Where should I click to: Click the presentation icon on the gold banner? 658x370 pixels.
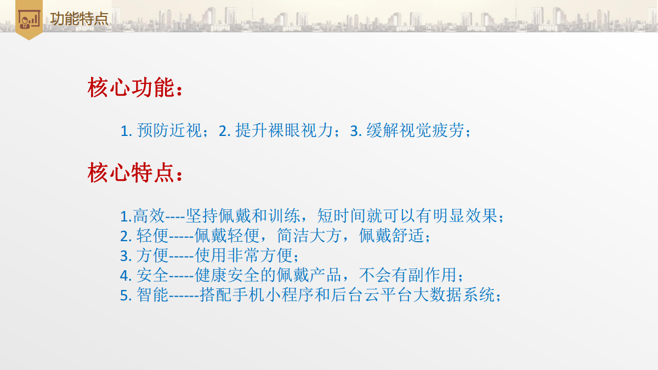click(29, 19)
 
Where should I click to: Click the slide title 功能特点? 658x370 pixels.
click(80, 19)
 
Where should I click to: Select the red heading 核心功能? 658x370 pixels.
click(131, 88)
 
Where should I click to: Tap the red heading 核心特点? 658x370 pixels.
click(131, 173)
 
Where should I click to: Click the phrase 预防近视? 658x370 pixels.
click(169, 130)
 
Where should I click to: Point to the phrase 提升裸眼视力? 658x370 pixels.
click(284, 130)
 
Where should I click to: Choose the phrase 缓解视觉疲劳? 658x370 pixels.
click(415, 130)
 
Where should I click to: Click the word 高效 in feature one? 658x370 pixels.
click(149, 216)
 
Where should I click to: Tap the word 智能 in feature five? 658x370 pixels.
click(152, 294)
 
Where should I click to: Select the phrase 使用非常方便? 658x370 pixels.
click(243, 255)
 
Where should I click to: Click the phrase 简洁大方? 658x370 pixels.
click(309, 236)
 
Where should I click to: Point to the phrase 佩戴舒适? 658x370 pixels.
click(392, 236)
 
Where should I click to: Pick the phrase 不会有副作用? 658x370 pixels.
click(408, 275)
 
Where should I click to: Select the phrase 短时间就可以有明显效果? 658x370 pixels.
click(407, 216)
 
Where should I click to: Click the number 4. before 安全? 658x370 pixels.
click(126, 276)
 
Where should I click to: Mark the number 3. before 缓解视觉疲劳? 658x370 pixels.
click(355, 131)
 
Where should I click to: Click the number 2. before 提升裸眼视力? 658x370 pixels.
click(224, 131)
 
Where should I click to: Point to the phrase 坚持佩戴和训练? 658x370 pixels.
click(242, 216)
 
